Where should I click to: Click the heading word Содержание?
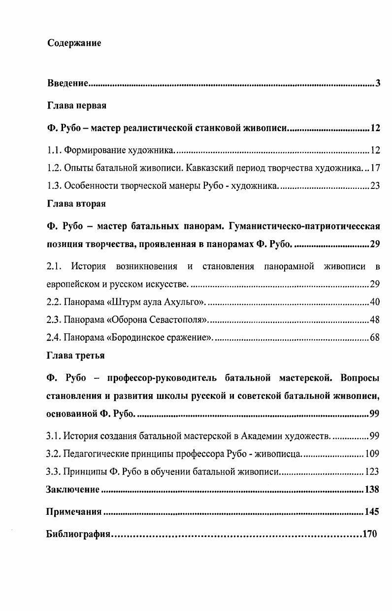(x=74, y=43)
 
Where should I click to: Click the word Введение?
(x=67, y=83)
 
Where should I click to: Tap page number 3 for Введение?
(x=378, y=83)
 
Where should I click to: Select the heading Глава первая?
(x=77, y=106)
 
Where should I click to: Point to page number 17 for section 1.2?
(x=376, y=168)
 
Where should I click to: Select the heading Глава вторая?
(x=76, y=203)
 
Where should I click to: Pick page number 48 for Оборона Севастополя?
(x=375, y=320)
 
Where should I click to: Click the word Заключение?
(x=72, y=489)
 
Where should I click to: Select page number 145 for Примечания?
(x=372, y=511)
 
